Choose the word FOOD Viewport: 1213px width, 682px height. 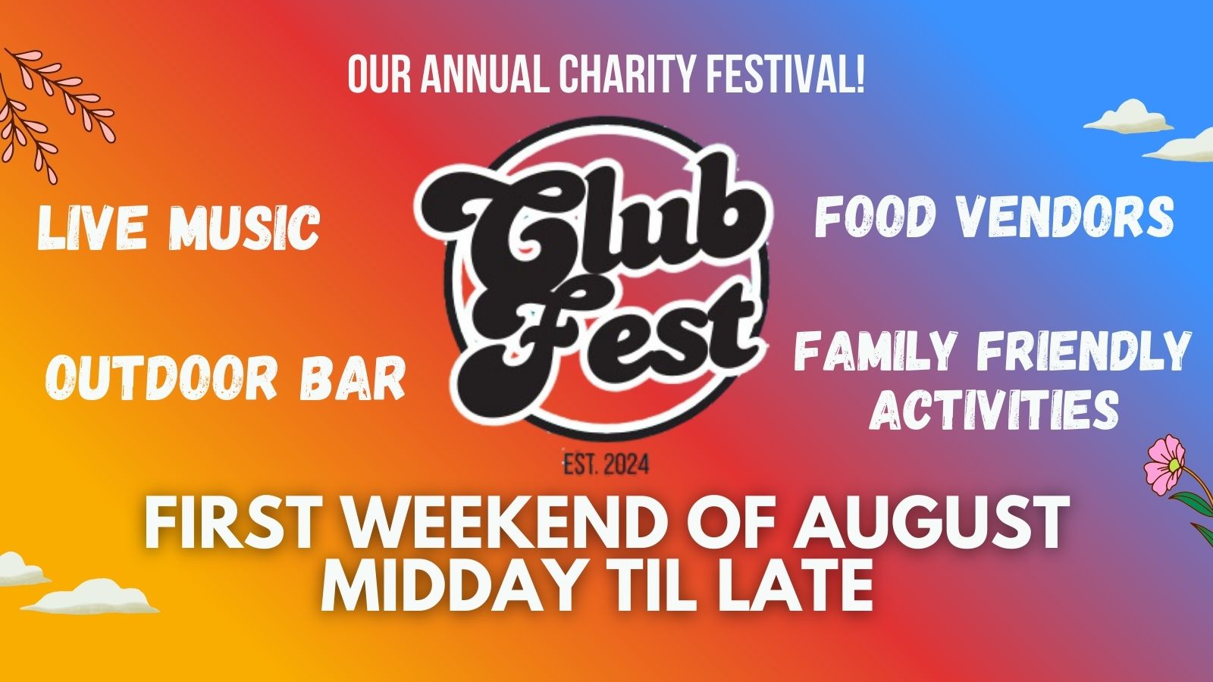click(875, 217)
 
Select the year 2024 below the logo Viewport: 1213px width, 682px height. click(626, 465)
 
